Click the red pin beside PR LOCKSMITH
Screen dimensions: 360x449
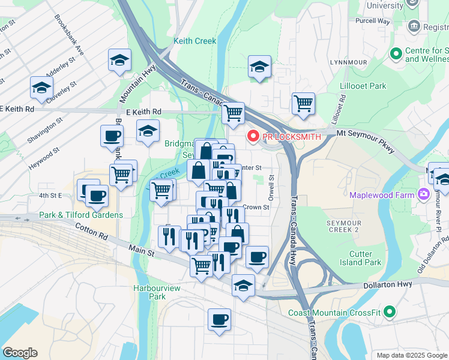point(253,137)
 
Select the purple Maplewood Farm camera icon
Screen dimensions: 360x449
point(424,194)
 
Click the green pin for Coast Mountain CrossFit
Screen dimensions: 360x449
point(390,313)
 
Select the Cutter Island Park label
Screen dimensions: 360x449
point(361,258)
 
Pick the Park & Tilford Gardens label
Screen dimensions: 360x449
point(81,215)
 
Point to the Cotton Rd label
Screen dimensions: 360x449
point(92,231)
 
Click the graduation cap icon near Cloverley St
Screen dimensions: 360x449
point(41,88)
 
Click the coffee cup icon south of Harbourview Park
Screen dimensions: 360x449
point(219,319)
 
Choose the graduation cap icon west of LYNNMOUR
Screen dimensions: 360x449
point(259,67)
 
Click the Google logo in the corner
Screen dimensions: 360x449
point(20,353)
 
